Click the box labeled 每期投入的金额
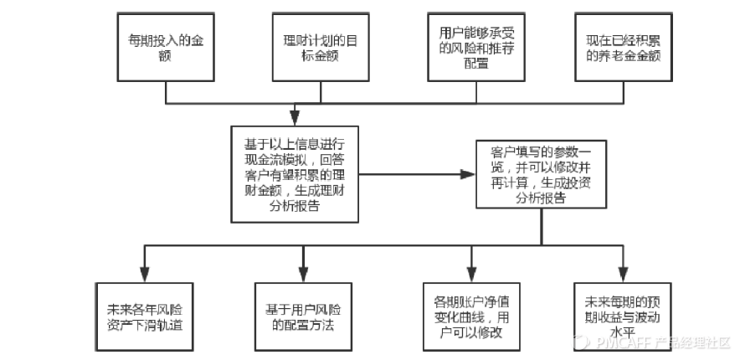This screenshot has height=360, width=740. [x=164, y=48]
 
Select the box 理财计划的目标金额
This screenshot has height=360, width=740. [x=314, y=48]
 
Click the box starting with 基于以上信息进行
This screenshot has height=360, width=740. [x=294, y=174]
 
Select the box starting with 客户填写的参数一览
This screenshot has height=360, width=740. [x=540, y=174]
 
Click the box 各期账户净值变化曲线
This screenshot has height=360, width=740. [x=466, y=310]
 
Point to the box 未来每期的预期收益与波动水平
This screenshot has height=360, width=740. [x=621, y=310]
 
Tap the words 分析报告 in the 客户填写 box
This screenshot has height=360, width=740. [x=540, y=199]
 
